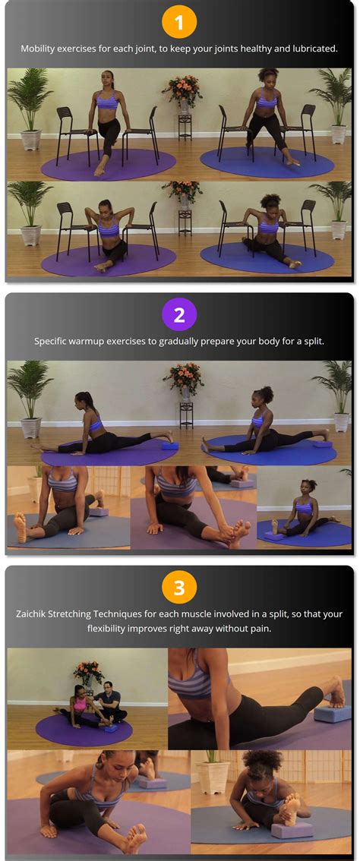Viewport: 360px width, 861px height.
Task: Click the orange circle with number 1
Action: click(x=179, y=23)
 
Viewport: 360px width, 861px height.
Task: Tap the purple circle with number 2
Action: click(x=179, y=315)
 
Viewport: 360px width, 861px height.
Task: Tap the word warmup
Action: click(x=95, y=341)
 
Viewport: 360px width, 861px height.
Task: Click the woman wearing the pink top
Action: click(x=80, y=702)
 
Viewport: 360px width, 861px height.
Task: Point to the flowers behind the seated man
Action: click(x=89, y=672)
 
